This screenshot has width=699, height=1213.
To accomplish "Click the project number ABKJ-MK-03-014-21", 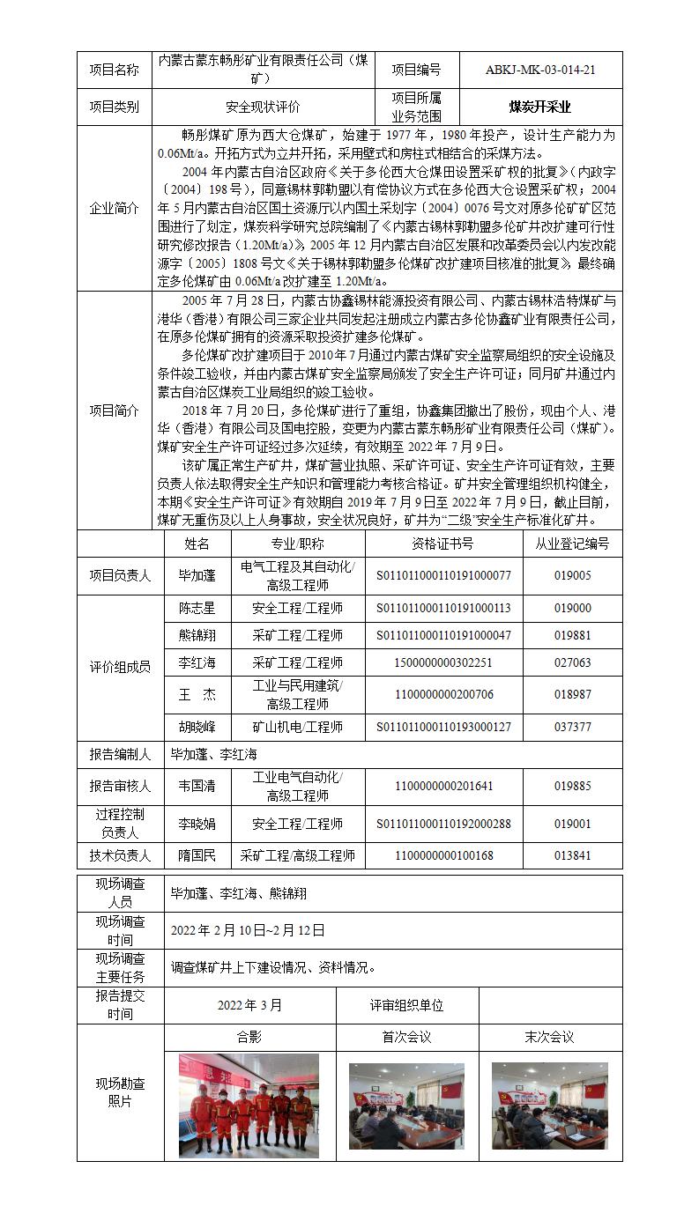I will pyautogui.click(x=539, y=70).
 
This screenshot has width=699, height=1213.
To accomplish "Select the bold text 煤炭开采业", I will pyautogui.click(x=539, y=107).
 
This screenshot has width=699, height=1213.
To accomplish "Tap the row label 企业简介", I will pyautogui.click(x=114, y=209).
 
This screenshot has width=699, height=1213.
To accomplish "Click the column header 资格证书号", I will pyautogui.click(x=442, y=544).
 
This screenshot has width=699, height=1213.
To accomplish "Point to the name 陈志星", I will pyautogui.click(x=197, y=608).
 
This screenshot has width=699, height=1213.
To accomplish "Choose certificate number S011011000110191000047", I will pyautogui.click(x=443, y=635).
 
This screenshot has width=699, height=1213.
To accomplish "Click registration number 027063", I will pyautogui.click(x=572, y=662).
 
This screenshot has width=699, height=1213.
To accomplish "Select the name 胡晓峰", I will pyautogui.click(x=197, y=727).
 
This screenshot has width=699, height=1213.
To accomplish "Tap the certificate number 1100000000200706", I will pyautogui.click(x=443, y=694).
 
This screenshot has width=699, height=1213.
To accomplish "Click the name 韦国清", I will pyautogui.click(x=197, y=786).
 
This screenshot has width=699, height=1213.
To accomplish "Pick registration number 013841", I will pyautogui.click(x=572, y=854).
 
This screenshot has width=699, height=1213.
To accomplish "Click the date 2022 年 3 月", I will pyautogui.click(x=250, y=1005).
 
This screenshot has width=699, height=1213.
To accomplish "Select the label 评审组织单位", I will pyautogui.click(x=406, y=1005).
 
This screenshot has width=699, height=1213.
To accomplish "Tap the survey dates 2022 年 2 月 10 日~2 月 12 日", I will pyautogui.click(x=248, y=929).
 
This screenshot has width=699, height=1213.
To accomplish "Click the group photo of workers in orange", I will pyautogui.click(x=249, y=1105).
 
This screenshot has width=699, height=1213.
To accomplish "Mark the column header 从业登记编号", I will pyautogui.click(x=572, y=544).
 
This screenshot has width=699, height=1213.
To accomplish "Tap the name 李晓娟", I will pyautogui.click(x=197, y=825).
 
